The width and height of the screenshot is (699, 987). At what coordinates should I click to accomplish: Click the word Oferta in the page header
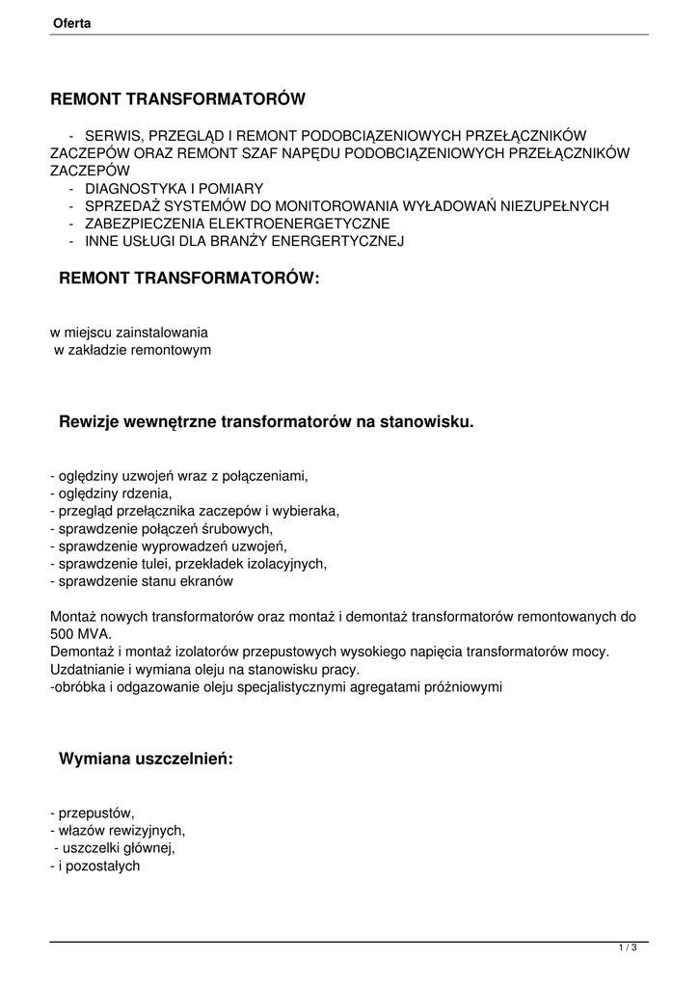[72, 23]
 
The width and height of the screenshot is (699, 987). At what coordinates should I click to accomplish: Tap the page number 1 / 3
[628, 948]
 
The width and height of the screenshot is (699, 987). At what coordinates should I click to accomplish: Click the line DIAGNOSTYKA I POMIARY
[174, 188]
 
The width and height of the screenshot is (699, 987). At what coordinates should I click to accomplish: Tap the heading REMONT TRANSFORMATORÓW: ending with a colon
[188, 279]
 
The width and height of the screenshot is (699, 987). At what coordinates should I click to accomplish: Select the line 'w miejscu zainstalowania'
[122, 333]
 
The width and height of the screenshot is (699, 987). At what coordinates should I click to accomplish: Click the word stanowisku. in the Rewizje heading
[428, 421]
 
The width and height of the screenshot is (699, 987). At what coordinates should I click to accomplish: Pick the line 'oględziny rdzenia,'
[114, 493]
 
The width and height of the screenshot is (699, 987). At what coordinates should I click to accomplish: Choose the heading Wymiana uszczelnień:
[147, 759]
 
